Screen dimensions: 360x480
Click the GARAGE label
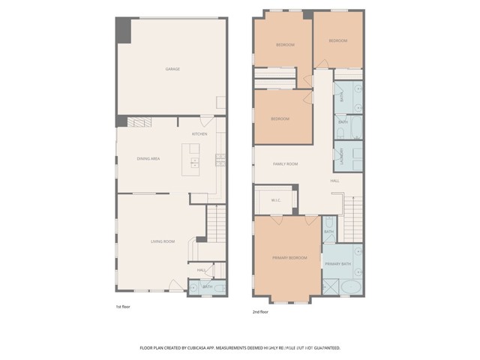pos(172,69)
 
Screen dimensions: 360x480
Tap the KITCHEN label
pos(199,134)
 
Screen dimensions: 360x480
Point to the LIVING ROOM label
pos(163,241)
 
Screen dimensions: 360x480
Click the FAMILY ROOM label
pos(285,163)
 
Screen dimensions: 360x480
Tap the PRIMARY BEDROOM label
pos(289,258)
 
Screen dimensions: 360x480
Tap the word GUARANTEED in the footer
pos(324,348)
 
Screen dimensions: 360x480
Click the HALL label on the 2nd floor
pos(334,181)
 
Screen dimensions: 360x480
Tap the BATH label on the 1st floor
pos(207,286)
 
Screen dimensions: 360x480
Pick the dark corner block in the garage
pos(122,29)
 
